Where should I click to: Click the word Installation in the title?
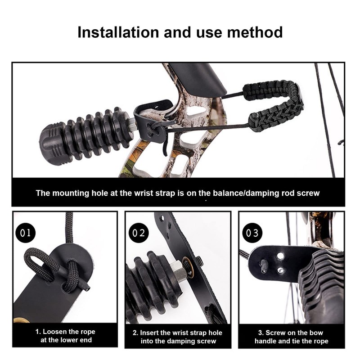[x=118, y=32]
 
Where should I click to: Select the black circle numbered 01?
[x=26, y=233]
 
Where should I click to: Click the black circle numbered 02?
[x=139, y=233]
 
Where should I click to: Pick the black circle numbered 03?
[x=252, y=233]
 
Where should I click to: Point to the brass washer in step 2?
[x=189, y=268]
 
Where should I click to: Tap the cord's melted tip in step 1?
[x=87, y=288]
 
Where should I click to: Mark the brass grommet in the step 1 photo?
[x=22, y=320]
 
